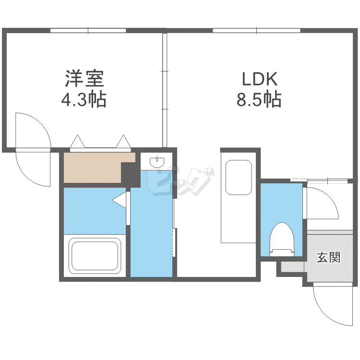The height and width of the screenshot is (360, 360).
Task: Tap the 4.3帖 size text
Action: click(84, 100)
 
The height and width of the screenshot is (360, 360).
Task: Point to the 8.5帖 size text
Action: click(259, 100)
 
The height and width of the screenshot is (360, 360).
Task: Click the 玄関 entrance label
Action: click(328, 257)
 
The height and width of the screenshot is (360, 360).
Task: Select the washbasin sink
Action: click(157, 162)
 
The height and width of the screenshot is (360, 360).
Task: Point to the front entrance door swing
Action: click(329, 305)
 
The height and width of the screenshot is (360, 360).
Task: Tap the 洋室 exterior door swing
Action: click(33, 149)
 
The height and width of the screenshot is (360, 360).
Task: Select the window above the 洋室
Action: click(88, 30)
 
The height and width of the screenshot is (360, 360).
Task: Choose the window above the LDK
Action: click(257, 30)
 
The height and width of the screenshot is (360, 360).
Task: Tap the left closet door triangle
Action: click(77, 142)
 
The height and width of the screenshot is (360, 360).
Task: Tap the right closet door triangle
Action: click(123, 142)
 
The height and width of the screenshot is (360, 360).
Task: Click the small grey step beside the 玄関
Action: click(290, 267)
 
